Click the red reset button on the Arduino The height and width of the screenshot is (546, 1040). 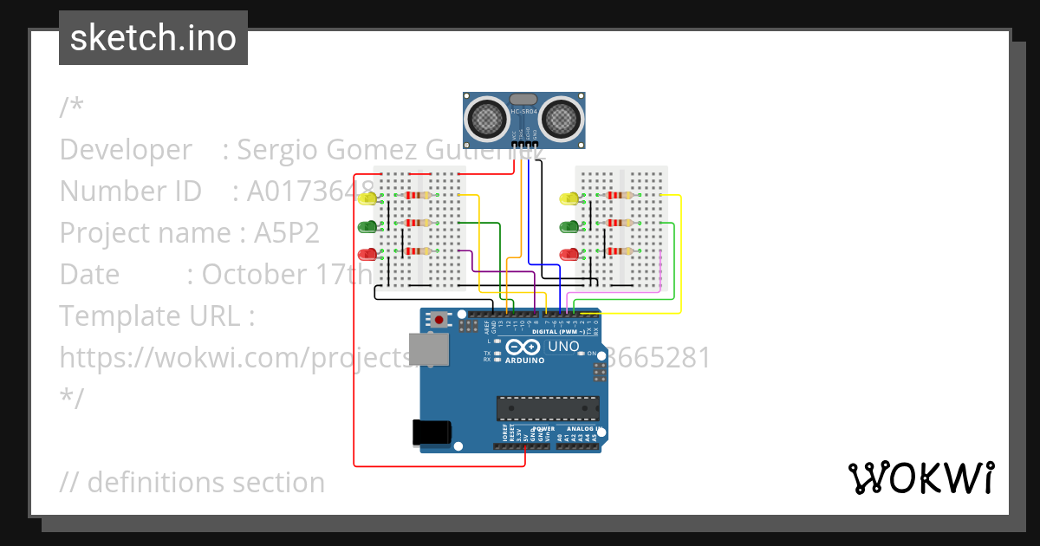[440, 320]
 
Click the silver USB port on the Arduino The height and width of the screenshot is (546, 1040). [429, 348]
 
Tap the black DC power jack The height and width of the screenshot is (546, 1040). [432, 432]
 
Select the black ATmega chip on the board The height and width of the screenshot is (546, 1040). [547, 408]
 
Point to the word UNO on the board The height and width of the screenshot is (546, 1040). [563, 347]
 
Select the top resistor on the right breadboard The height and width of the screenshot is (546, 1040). [619, 196]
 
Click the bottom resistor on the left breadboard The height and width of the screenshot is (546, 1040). [418, 252]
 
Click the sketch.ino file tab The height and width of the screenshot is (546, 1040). [153, 38]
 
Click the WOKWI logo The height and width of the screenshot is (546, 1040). [920, 478]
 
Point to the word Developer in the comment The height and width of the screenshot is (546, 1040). [126, 150]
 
